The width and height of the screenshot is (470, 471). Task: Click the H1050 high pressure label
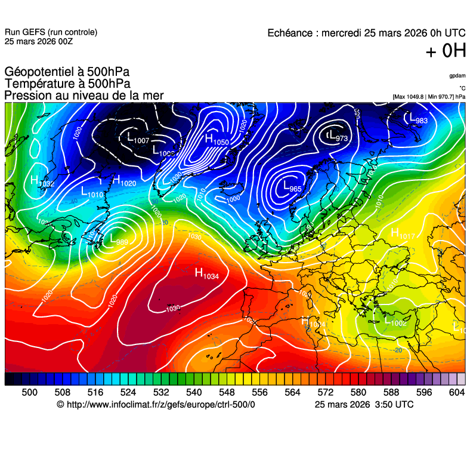coord(217,140)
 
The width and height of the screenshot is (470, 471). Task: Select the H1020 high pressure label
coord(124,180)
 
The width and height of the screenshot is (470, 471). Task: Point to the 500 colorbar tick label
coord(29,392)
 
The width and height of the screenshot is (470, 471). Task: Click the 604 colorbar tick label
coord(456,392)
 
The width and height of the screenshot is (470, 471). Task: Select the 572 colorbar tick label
coord(325,392)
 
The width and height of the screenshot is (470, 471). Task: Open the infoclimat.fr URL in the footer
coord(156,404)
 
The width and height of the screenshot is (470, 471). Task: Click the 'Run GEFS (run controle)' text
coord(51,32)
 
